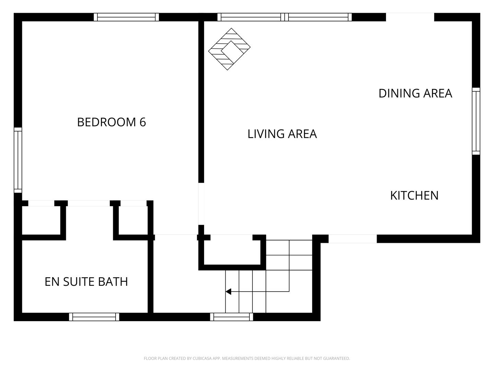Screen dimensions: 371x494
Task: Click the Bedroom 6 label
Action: (111, 122)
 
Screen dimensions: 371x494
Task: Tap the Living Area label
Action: (282, 134)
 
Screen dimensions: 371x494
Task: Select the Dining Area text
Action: (415, 93)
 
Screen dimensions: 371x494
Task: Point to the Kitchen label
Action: (414, 195)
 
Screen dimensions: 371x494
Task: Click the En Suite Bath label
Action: (86, 281)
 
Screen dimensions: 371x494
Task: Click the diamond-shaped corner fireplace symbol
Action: (230, 49)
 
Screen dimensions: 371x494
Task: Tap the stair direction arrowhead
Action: (228, 292)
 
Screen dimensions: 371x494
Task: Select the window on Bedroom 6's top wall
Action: (127, 17)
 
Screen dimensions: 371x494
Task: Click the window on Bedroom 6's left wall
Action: (18, 160)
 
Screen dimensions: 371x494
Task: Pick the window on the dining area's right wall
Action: (476, 121)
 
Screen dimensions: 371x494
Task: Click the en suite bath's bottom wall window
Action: (94, 317)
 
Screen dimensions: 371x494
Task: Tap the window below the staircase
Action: (232, 317)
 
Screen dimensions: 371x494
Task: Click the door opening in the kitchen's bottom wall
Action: (352, 239)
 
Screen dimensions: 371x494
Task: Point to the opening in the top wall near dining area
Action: (410, 17)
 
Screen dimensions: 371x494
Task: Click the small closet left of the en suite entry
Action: (41, 220)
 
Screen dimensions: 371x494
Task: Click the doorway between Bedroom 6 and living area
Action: (201, 204)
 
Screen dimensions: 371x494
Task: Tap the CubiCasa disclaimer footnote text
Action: (247, 358)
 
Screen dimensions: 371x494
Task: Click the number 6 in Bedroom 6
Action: (143, 122)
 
